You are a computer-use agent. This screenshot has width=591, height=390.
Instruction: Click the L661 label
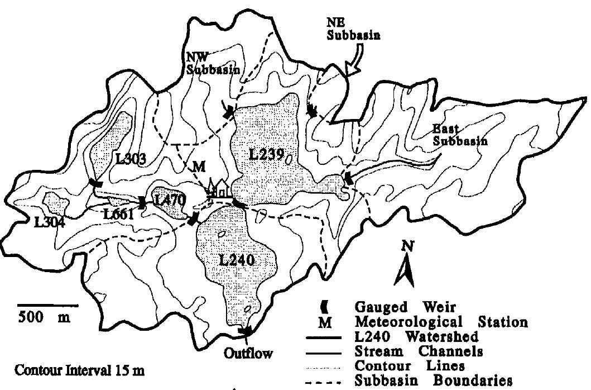click(118, 213)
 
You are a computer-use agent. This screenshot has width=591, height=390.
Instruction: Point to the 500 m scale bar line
click(47, 305)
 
